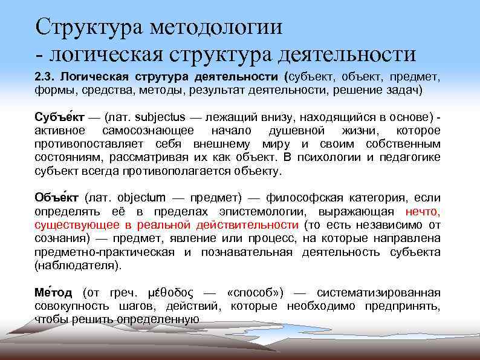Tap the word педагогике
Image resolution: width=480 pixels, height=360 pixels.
[x=412, y=157]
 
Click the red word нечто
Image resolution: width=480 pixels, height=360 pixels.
[x=423, y=211]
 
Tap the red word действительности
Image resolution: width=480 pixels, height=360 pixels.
[x=247, y=224]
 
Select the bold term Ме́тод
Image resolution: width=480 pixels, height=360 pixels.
[x=53, y=292]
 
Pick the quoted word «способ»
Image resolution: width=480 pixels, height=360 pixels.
[x=250, y=293]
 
